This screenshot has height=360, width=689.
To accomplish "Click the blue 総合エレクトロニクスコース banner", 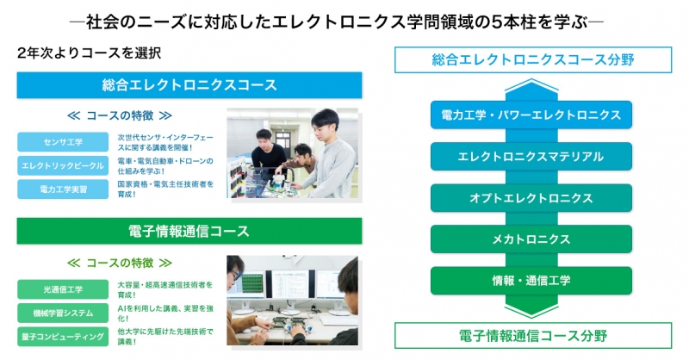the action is pos(189,85).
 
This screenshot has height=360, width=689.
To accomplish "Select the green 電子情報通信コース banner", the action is pos(189,231).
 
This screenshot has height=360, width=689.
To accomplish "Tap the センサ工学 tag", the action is pos(63,142).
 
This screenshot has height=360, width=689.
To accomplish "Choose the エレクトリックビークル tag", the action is pos(63,165).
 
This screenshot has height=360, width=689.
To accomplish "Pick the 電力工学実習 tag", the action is pos(63,189).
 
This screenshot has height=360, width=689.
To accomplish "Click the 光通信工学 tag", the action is pos(63,289).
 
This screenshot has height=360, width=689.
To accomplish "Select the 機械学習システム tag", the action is pos(63,313).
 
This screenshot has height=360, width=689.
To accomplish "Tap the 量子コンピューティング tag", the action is pos(63,337).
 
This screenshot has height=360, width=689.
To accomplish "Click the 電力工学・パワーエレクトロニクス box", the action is pos(531,115).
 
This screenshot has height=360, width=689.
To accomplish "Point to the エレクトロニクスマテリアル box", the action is pos(531,157).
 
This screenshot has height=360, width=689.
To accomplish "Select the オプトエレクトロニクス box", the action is pos(531,198).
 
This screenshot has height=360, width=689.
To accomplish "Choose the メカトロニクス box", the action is pos(531,239).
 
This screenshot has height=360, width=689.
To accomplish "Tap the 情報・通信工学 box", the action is pos(531,281).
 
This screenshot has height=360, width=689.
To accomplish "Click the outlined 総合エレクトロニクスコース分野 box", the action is pos(533,59).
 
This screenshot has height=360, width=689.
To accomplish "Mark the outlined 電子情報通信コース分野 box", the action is pos(533,336).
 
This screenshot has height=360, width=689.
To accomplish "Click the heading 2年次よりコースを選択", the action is pos(90,53).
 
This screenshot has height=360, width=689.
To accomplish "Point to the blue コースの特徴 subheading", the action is pos(120,115).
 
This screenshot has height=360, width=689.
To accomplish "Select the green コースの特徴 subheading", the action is pos(120,263).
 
